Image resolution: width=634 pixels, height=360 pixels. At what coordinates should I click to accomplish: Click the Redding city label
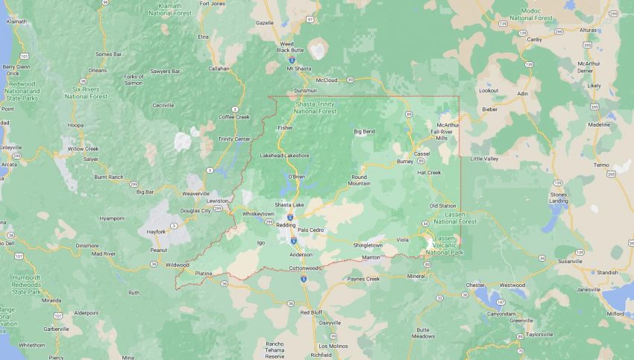(286, 224)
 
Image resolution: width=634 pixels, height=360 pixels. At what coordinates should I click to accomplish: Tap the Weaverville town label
(195, 193)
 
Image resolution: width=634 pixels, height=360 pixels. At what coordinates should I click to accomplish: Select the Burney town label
(405, 160)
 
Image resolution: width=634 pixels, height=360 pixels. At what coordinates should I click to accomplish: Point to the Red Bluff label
(310, 312)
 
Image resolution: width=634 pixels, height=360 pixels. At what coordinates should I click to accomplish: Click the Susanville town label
(591, 262)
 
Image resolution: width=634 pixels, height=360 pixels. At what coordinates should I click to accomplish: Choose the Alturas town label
(589, 30)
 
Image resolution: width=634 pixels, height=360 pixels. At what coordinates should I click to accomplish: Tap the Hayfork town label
(156, 232)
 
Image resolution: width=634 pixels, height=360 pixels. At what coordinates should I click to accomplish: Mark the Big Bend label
(364, 131)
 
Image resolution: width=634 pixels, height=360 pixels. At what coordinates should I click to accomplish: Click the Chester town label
(474, 285)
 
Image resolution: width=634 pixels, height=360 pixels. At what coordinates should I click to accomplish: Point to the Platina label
(204, 274)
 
